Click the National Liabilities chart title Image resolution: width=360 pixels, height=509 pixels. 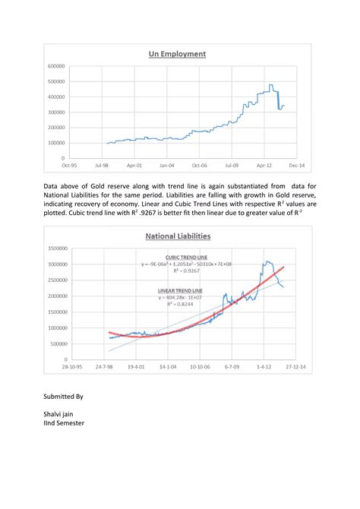pyautogui.click(x=178, y=236)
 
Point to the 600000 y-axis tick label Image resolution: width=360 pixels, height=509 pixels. pyautogui.click(x=55, y=66)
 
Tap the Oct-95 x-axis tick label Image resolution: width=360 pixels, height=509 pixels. pyautogui.click(x=69, y=163)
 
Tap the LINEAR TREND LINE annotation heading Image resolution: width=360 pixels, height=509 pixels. pyautogui.click(x=179, y=290)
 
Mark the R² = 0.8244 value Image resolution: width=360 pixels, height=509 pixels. pyautogui.click(x=179, y=304)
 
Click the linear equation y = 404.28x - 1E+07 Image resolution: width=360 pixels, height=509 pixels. pyautogui.click(x=179, y=297)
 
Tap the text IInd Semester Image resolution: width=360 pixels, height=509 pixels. pyautogui.click(x=64, y=422)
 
